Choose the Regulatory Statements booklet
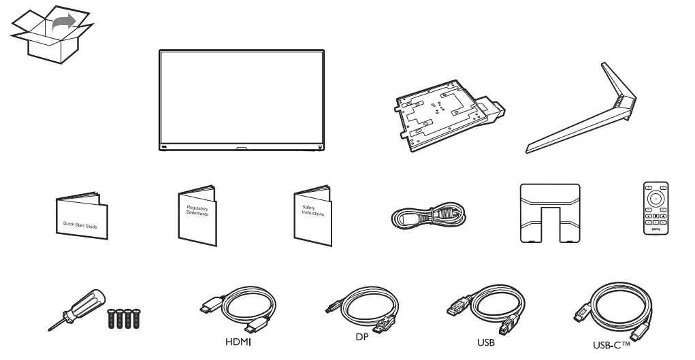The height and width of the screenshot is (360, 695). click(x=196, y=214)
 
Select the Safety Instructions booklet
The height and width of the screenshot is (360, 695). click(x=312, y=214)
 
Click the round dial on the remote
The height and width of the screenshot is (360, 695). click(x=656, y=198)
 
